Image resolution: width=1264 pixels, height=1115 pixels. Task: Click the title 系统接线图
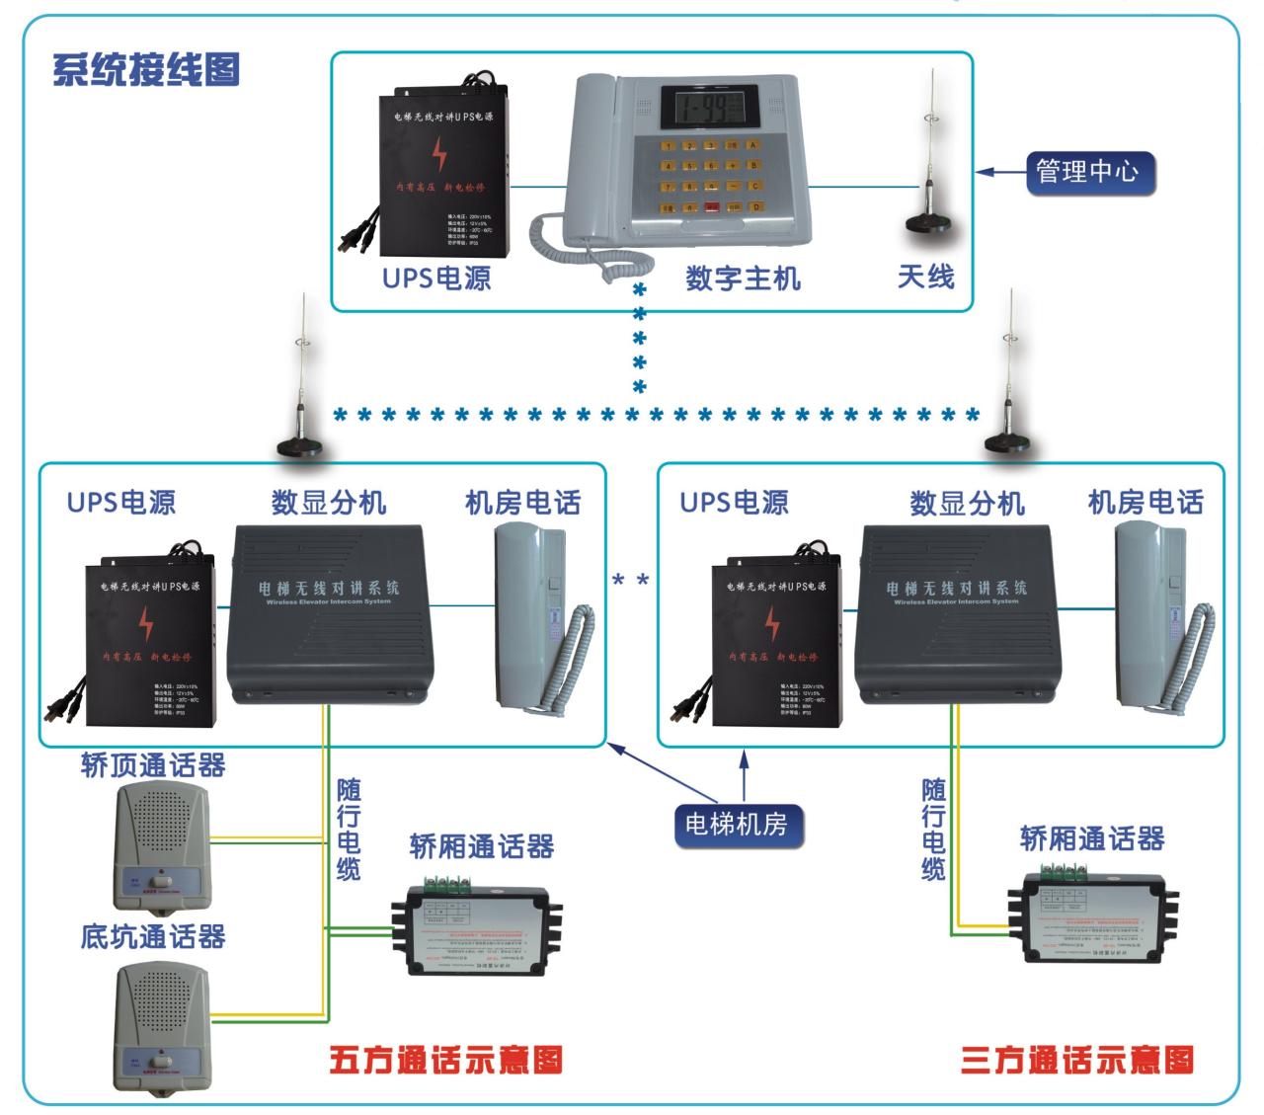146,71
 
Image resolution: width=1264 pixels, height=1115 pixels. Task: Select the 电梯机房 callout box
737,823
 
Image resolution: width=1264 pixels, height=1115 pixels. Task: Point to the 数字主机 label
743,278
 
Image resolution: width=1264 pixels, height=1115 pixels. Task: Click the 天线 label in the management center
925,276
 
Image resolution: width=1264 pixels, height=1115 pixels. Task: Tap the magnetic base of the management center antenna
928,222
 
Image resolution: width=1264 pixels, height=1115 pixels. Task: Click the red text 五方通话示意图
446,1060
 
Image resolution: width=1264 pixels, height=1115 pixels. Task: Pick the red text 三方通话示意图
1077,1060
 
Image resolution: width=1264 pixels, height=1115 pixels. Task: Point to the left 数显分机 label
329,503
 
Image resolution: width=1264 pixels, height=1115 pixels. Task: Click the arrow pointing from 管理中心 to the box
1000,173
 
